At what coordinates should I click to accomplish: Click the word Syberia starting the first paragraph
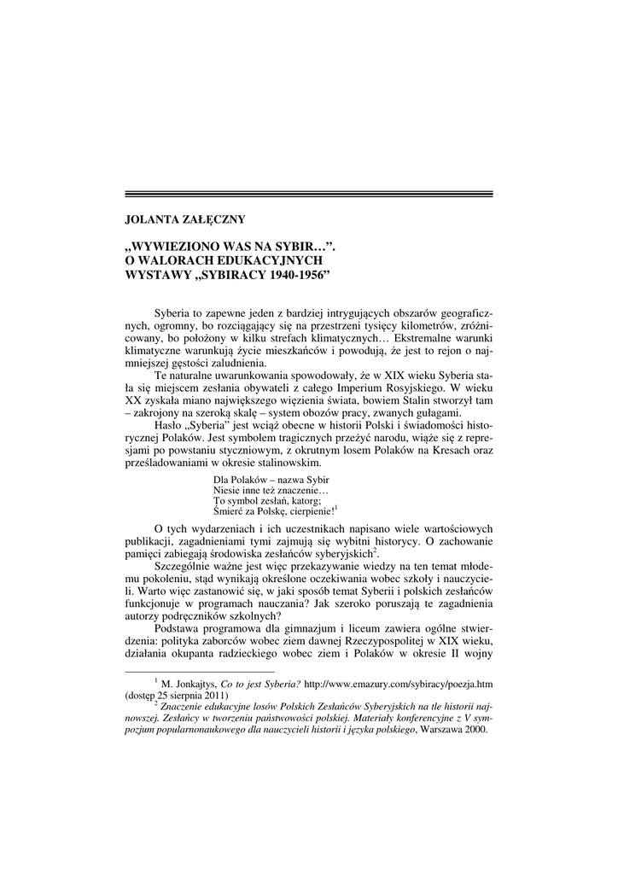click(174, 313)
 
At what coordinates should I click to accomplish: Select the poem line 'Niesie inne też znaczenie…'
click(270, 490)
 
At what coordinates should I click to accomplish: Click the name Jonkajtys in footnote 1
click(194, 684)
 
